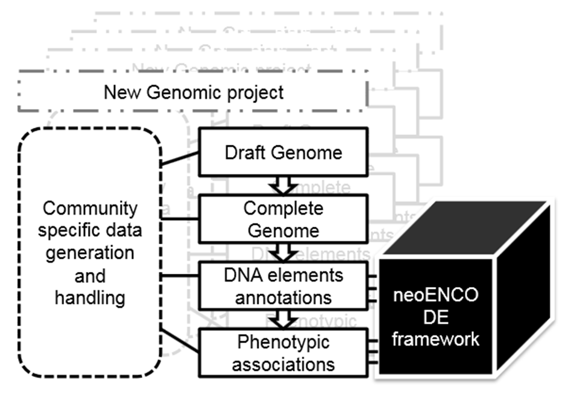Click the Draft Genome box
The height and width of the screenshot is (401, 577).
pos(283,152)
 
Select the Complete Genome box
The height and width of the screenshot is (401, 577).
pos(283,219)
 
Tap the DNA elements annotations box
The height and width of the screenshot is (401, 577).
pos(283,286)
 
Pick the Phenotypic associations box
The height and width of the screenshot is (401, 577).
pos(283,353)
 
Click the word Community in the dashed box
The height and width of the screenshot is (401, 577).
pos(90,209)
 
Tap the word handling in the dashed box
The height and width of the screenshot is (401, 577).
pos(90,297)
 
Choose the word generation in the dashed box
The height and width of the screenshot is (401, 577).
pos(90,253)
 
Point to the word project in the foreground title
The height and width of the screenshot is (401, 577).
pos(253,93)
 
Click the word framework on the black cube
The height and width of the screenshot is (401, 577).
pos(435,338)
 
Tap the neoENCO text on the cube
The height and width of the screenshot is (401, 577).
pos(435,296)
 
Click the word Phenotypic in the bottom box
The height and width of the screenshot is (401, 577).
pos(283,342)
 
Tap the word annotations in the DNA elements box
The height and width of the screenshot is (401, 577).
pos(283,297)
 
